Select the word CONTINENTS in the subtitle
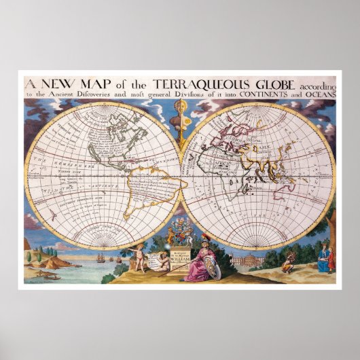[271, 95]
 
